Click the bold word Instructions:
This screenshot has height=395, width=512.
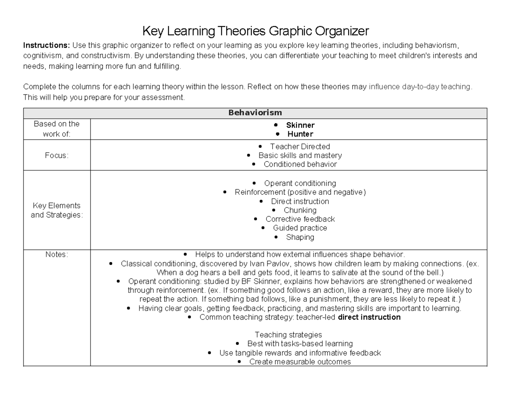[x=47, y=46]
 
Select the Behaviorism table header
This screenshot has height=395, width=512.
[x=255, y=113]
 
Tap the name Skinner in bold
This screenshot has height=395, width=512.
[x=300, y=125]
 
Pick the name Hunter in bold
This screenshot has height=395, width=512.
[x=300, y=134]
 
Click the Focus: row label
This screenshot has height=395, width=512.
[x=57, y=156]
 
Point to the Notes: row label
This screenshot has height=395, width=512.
[x=57, y=254]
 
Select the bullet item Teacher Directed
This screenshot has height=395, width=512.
[x=300, y=147]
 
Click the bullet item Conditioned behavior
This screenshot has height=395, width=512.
[x=300, y=164]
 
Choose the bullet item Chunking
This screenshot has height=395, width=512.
[x=300, y=210]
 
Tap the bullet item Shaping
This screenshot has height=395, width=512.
[x=300, y=237]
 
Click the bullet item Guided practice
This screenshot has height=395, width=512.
[x=300, y=228]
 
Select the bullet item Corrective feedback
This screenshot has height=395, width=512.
[x=300, y=219]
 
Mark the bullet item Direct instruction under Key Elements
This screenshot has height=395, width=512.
[x=300, y=202]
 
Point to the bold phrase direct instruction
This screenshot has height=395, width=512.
[x=369, y=317]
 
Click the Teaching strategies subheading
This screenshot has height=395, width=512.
[x=288, y=335]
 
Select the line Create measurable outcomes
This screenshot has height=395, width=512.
[x=300, y=362]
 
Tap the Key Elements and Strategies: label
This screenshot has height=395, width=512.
[x=57, y=210]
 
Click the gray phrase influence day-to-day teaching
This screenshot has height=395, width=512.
[x=420, y=87]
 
